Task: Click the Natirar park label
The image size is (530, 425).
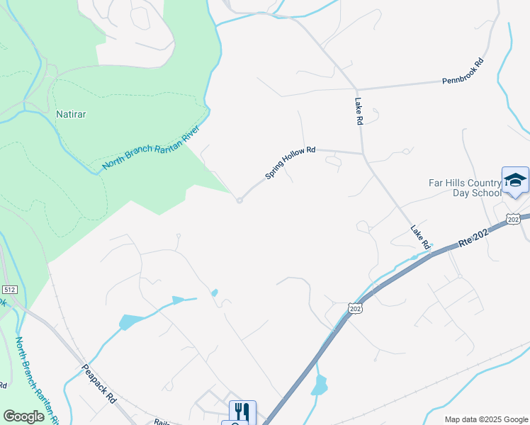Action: click(x=71, y=113)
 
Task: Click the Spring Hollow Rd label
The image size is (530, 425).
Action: click(x=290, y=163)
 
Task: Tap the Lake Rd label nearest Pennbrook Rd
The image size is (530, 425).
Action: click(x=359, y=112)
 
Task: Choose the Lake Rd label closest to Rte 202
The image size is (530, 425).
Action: click(x=420, y=237)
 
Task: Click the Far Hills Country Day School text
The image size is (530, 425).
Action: click(x=465, y=188)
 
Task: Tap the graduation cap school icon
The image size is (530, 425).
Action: click(x=515, y=181)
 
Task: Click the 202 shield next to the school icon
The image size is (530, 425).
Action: click(x=514, y=219)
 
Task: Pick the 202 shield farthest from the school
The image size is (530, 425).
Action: click(x=354, y=307)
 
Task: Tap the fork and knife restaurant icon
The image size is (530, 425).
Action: click(x=242, y=411)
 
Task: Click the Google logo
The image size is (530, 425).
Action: click(x=24, y=416)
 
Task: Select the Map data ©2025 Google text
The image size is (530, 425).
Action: click(x=485, y=419)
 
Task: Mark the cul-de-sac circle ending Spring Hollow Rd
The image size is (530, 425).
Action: click(x=239, y=200)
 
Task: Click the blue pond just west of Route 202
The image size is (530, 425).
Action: click(x=320, y=385)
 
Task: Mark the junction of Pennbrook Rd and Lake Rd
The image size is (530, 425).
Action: click(x=356, y=89)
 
